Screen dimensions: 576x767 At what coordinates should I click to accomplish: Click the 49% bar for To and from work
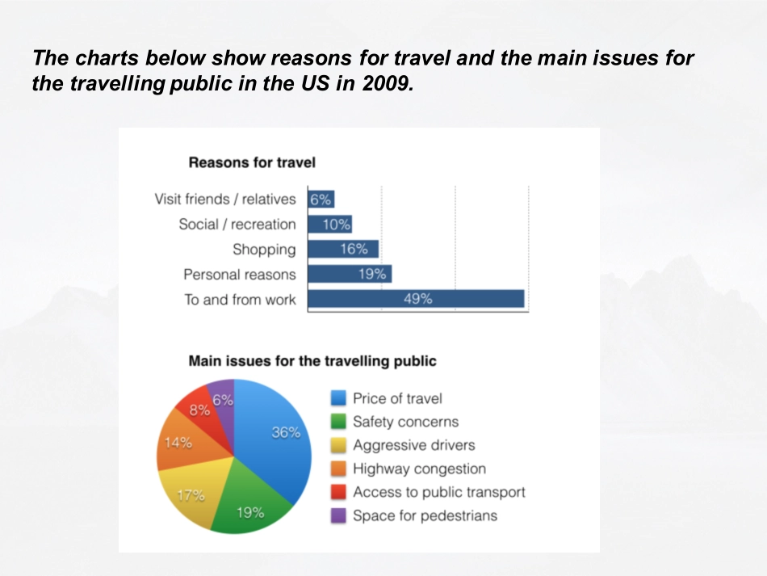(416, 299)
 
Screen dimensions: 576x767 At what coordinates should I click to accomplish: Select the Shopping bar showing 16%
(342, 249)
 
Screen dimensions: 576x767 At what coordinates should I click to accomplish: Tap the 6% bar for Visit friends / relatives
(321, 199)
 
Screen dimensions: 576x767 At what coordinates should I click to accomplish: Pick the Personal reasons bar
(349, 274)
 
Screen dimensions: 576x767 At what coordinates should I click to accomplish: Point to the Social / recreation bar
(329, 224)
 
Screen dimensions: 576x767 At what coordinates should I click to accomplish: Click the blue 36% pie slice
(279, 444)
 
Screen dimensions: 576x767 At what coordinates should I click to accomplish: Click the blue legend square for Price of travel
(339, 398)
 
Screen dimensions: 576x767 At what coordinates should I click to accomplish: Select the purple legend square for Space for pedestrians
(339, 515)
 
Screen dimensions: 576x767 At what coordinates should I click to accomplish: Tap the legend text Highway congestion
(419, 469)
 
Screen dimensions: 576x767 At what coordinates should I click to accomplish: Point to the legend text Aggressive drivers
(413, 445)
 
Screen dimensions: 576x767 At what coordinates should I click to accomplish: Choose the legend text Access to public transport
(438, 492)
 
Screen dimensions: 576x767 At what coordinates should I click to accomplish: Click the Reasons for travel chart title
(252, 162)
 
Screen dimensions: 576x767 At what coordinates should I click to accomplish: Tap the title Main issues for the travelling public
(312, 360)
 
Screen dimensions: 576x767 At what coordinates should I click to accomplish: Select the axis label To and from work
(240, 300)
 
